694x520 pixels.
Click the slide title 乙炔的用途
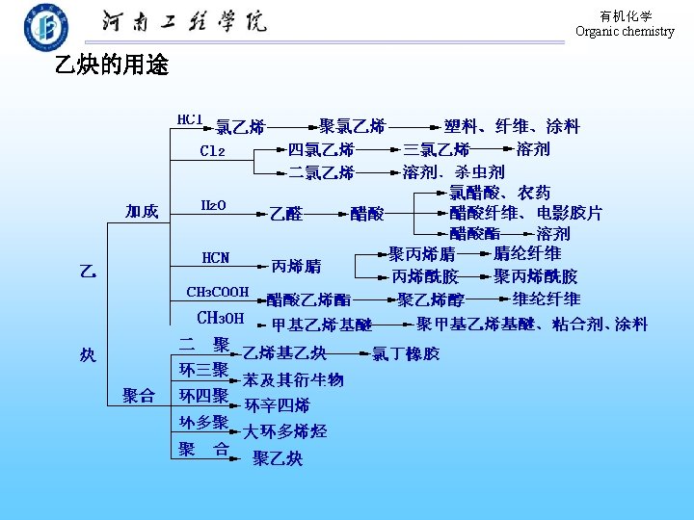[x=112, y=65]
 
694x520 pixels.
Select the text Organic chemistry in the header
[x=625, y=32]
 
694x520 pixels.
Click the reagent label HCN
[x=216, y=258]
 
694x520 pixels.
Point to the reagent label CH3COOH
[x=218, y=292]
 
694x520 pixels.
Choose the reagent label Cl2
[x=213, y=151]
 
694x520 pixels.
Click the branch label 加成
[x=142, y=212]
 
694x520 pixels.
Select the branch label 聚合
[x=139, y=395]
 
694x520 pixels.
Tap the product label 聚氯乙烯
[x=353, y=126]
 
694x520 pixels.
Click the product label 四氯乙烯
[x=322, y=150]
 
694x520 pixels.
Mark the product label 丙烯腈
[x=297, y=265]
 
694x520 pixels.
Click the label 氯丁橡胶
[x=406, y=353]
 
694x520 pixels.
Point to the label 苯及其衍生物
[x=293, y=380]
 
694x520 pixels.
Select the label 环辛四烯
[x=278, y=405]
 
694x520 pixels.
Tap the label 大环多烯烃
[x=284, y=431]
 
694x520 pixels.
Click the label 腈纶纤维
[x=527, y=254]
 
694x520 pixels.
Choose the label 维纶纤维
[x=547, y=299]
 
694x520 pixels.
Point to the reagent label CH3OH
[x=221, y=318]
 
